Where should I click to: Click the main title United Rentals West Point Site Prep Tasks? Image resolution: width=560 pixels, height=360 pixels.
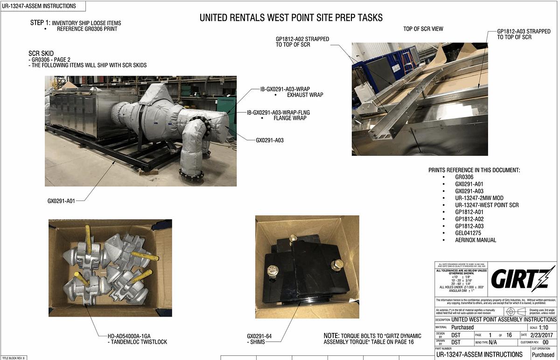pos(291,18)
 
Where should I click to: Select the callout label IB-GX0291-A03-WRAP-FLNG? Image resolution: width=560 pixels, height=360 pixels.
pos(278,112)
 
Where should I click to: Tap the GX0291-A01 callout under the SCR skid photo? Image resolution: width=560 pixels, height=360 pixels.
pos(61,201)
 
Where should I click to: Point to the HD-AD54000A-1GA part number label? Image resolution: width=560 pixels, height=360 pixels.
pos(123,336)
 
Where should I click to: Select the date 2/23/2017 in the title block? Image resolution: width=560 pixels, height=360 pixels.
pos(543,335)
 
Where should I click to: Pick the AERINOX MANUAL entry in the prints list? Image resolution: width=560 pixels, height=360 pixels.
pos(476,240)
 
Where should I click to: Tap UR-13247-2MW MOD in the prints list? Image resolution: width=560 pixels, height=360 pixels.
pos(479,198)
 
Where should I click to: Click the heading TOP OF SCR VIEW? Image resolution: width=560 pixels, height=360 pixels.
pos(423,29)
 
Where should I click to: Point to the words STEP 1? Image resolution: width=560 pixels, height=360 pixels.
pos(40,22)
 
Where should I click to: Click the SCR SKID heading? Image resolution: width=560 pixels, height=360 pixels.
pos(41,53)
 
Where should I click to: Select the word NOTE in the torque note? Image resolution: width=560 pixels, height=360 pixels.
pos(332,336)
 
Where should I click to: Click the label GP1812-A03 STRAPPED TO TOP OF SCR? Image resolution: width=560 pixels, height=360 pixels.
pos(524,34)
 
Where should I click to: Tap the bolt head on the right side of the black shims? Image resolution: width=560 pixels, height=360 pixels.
pos(337,265)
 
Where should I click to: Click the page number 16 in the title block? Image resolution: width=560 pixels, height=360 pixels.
pos(509,335)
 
